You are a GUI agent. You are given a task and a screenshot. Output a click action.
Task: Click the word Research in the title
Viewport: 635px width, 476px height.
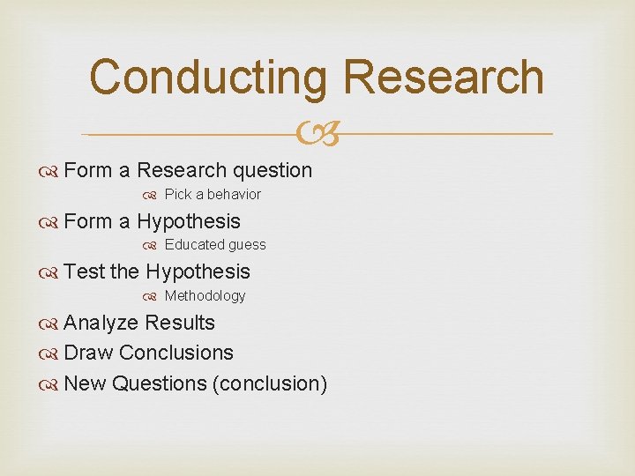tap(444, 77)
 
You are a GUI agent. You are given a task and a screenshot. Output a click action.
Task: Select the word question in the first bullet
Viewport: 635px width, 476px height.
tap(272, 170)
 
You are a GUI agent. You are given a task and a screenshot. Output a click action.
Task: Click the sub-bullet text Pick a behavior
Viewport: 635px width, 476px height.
tap(213, 194)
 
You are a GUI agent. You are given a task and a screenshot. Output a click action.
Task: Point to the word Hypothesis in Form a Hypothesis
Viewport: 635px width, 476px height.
tap(189, 221)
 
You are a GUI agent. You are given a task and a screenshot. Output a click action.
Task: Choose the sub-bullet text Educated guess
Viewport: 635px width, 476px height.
tap(215, 245)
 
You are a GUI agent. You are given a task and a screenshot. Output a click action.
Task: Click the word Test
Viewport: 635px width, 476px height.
tap(85, 271)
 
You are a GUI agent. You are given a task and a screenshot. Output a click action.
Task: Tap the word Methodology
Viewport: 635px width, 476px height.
tap(205, 296)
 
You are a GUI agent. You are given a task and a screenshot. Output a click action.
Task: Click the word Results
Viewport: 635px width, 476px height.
tap(180, 323)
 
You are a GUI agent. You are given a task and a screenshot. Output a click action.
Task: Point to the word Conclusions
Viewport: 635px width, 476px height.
tap(176, 353)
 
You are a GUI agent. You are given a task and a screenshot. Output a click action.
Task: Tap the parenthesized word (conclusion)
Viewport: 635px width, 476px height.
tap(270, 383)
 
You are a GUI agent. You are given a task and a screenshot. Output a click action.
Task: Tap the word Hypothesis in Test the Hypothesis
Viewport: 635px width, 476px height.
tap(198, 271)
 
